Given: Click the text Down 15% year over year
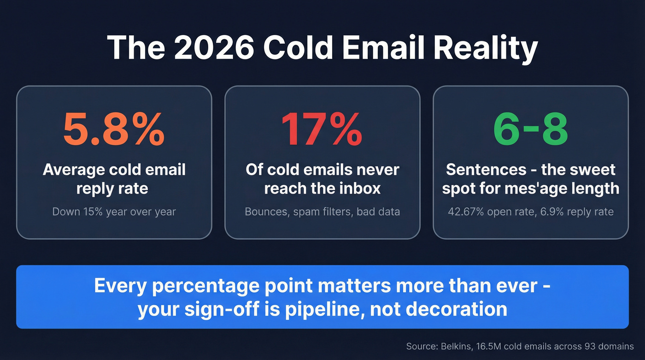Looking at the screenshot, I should [114, 212].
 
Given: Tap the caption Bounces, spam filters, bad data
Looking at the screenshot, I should [322, 212].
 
